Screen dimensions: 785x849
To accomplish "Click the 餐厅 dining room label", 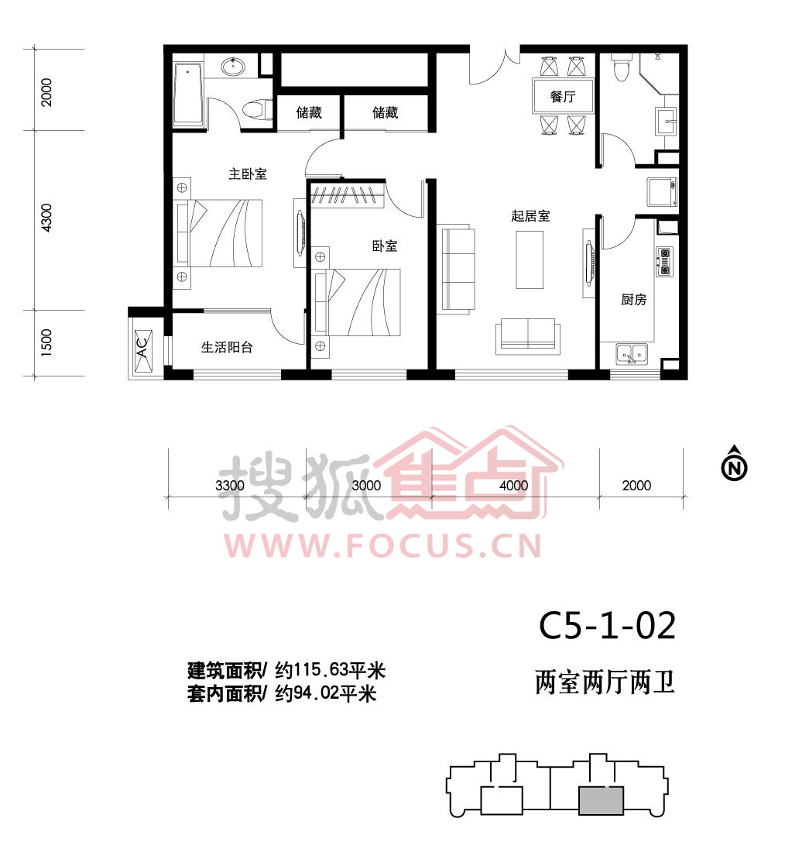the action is click(563, 97).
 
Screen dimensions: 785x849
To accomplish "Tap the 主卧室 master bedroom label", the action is click(248, 174).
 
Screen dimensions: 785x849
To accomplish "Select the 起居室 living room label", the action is click(530, 216).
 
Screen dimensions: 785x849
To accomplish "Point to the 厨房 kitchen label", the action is click(633, 300).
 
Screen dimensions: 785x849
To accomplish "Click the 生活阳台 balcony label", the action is click(228, 347).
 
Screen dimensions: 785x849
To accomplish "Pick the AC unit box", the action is click(142, 344).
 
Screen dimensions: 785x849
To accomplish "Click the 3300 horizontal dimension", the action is click(230, 486).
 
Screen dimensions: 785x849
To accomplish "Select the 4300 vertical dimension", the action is click(47, 218).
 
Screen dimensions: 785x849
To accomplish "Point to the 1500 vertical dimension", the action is click(47, 342).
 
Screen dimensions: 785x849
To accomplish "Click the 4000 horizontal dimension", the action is click(513, 486).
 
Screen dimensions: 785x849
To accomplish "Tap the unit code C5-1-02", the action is click(607, 626).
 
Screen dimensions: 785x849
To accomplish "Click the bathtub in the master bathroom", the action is click(187, 94).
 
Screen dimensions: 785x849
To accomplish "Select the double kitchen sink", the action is click(632, 354).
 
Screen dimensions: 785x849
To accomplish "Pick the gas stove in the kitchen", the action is click(664, 262).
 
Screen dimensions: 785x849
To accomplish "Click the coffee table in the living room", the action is click(529, 260).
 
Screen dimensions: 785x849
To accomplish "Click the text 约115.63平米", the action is click(330, 670).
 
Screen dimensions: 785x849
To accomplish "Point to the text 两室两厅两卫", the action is click(605, 682).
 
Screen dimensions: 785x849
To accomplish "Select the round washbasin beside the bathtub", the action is click(232, 67).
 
